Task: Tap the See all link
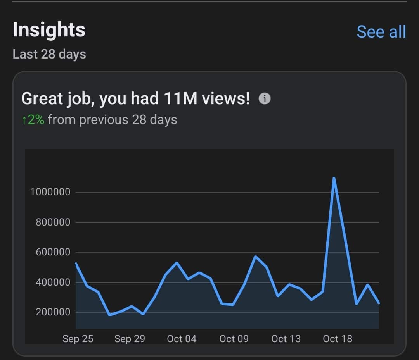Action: (381, 32)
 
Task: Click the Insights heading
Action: (49, 30)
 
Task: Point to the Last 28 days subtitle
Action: (49, 54)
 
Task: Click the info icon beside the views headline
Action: (265, 99)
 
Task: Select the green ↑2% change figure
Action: (33, 120)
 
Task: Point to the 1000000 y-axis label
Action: (50, 192)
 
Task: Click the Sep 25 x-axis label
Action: (78, 339)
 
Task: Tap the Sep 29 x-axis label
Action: (130, 339)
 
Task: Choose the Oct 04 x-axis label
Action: (182, 339)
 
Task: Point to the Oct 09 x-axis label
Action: (234, 339)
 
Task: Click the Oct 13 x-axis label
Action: (286, 339)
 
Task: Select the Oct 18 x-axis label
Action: (338, 339)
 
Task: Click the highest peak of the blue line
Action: (334, 178)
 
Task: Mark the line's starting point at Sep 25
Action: (76, 264)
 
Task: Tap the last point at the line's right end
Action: (378, 303)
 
